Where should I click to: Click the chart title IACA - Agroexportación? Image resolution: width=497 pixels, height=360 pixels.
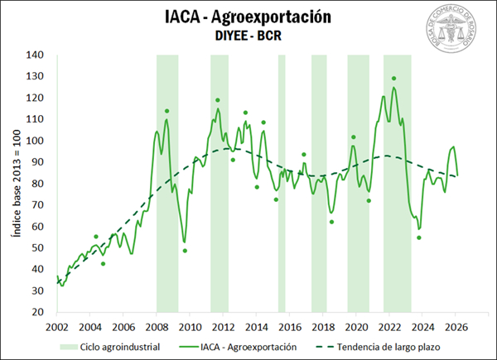pos(248,17)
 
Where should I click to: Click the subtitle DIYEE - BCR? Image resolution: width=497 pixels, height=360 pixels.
pos(248,37)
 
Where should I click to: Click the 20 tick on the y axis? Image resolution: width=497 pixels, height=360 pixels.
pos(37,312)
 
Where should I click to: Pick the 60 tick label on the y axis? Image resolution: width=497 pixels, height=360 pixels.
pos(37,227)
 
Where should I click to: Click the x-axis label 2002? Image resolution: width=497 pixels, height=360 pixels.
pos(56,326)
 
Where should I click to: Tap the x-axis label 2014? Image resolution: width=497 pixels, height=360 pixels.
pos(257,326)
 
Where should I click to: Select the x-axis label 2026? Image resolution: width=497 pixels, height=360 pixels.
pos(456,326)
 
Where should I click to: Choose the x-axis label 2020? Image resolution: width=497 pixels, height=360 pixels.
pos(357,326)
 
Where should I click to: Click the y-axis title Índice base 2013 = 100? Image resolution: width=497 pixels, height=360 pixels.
pos(15,183)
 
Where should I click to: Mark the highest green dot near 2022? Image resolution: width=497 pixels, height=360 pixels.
pos(393,79)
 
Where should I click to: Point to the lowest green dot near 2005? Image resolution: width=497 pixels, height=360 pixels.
pos(103,264)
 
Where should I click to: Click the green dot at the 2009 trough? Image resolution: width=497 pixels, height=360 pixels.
pos(185,251)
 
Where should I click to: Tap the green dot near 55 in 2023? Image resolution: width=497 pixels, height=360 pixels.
pos(419,238)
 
